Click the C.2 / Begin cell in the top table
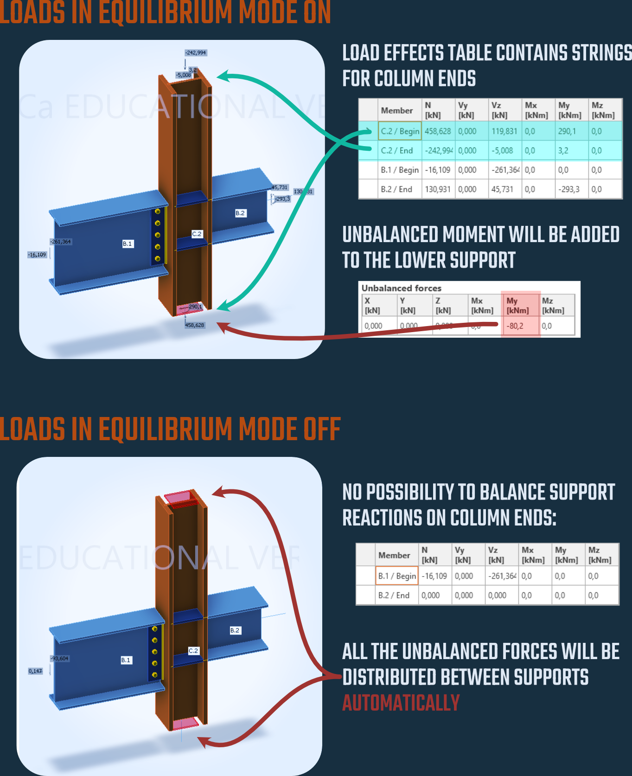[x=400, y=131]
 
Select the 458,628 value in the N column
[x=438, y=131]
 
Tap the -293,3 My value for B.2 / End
[x=568, y=189]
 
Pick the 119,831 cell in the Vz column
[x=504, y=131]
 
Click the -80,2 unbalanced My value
[x=515, y=326]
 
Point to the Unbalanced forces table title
[x=401, y=288]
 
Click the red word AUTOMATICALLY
[x=401, y=703]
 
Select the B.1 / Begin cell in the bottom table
[x=397, y=576]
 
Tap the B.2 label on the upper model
[x=240, y=213]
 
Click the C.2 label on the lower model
[x=193, y=651]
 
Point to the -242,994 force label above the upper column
[x=196, y=53]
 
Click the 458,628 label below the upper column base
[x=195, y=325]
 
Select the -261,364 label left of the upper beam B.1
[x=61, y=242]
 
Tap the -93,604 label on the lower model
[x=60, y=659]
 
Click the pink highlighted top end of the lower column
[x=181, y=498]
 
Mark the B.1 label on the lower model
[x=126, y=660]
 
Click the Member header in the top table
[x=396, y=110]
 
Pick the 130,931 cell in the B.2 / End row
[x=438, y=189]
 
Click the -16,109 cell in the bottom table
[x=434, y=576]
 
